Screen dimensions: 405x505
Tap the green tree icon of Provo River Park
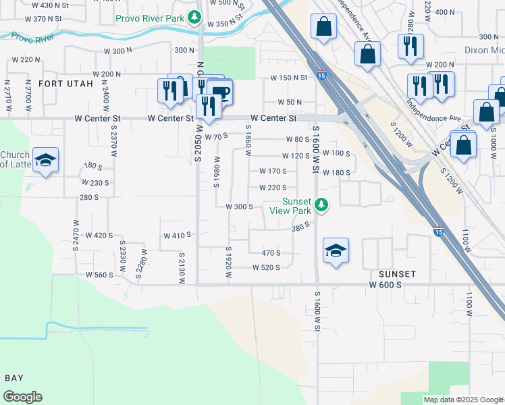196,18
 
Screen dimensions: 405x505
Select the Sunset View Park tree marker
323,204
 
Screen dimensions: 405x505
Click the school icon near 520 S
336,250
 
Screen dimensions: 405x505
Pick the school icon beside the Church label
46,160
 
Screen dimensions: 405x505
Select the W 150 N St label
289,78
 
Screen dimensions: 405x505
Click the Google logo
22,397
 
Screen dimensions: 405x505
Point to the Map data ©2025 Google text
462,400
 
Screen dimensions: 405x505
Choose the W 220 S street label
273,188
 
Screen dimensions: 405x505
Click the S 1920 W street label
228,263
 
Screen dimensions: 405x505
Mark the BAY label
14,377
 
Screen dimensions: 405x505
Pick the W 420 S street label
99,236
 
